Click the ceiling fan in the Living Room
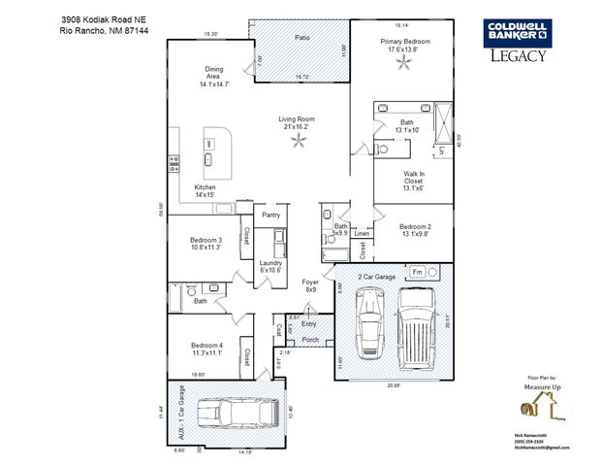298,143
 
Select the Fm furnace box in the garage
417,272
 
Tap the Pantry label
270,215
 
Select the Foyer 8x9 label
310,285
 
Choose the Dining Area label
213,77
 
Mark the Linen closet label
362,234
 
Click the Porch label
310,340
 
